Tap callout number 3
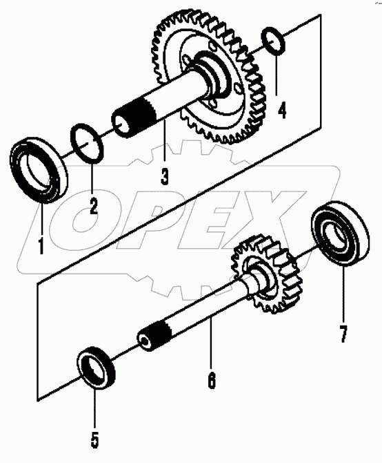point(164,176)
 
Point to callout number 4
point(282,110)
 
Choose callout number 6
point(212,381)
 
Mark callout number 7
point(343,334)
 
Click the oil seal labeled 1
point(39,171)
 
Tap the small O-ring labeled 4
point(273,41)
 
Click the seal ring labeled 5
point(96,367)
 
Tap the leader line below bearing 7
point(343,293)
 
